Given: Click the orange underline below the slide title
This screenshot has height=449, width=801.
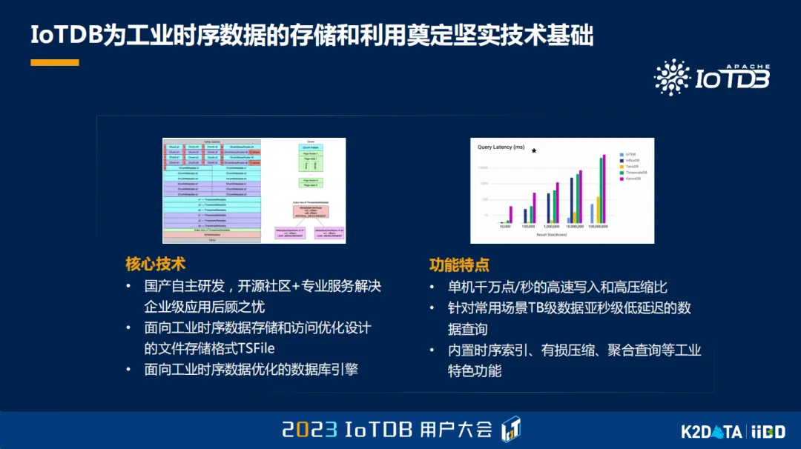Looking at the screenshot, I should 54,63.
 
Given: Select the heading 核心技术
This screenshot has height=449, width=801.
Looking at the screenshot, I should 155,264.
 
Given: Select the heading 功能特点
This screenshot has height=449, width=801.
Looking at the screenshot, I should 459,265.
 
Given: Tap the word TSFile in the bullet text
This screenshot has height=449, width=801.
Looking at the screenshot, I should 250,348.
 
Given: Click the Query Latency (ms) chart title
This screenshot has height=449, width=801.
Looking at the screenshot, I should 502,147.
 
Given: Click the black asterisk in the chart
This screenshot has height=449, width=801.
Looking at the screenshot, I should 533,151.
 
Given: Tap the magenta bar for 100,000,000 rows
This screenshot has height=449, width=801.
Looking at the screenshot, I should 604,189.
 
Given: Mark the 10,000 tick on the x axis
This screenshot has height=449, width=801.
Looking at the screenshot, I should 504,227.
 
